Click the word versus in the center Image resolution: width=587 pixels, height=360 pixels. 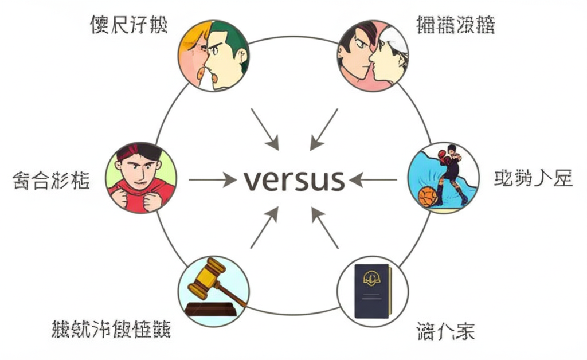point(293,180)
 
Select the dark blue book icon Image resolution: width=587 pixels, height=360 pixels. point(372,291)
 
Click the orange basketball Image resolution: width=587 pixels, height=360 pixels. point(427,196)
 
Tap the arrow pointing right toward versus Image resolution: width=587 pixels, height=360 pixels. point(212,180)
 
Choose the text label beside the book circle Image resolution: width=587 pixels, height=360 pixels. point(445,331)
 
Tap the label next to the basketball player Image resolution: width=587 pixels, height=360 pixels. point(533,179)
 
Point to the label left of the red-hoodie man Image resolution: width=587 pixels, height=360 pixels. point(50,181)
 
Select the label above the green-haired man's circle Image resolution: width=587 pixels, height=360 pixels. point(128,25)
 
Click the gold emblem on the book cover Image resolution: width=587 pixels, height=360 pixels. point(372,280)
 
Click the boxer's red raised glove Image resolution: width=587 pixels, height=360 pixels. point(442,154)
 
